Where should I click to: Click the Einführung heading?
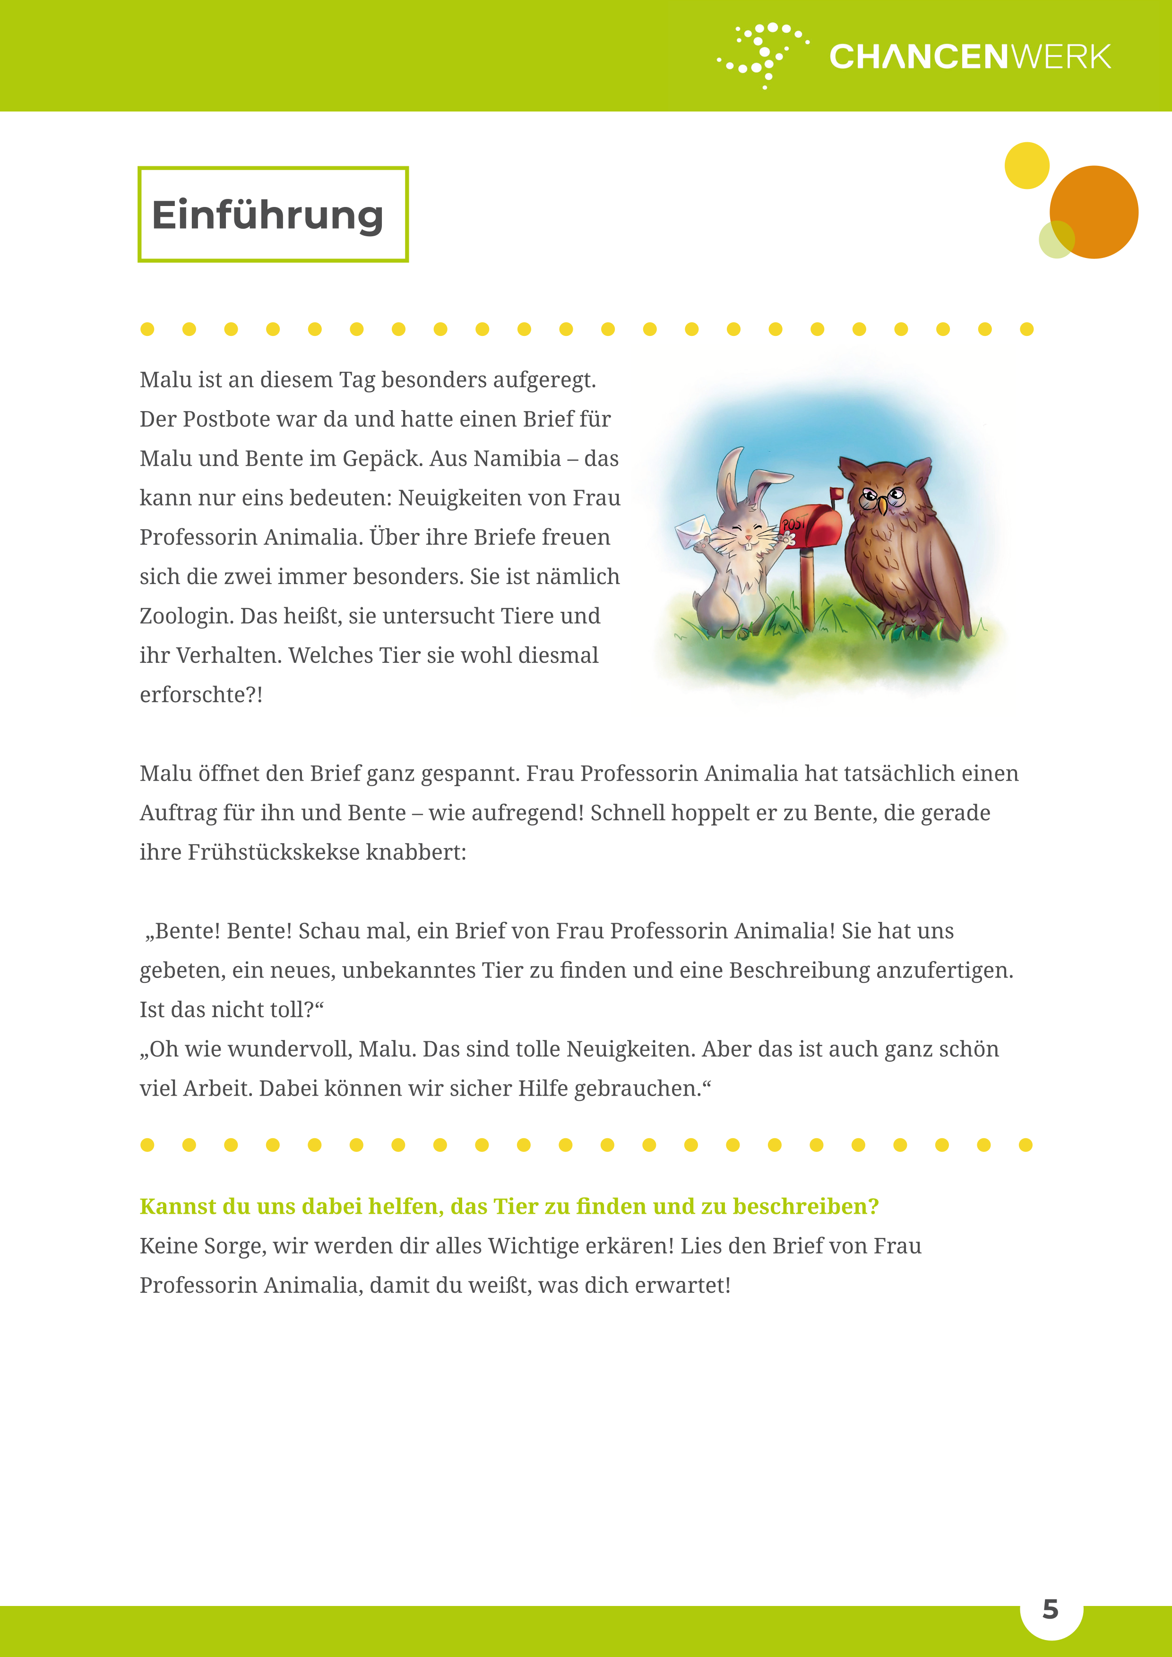(x=267, y=215)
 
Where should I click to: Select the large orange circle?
(x=1095, y=212)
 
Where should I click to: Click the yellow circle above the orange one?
(x=1026, y=165)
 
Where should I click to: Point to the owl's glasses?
(x=883, y=497)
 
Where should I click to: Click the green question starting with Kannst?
(x=509, y=1207)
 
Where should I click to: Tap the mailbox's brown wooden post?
(x=808, y=588)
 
